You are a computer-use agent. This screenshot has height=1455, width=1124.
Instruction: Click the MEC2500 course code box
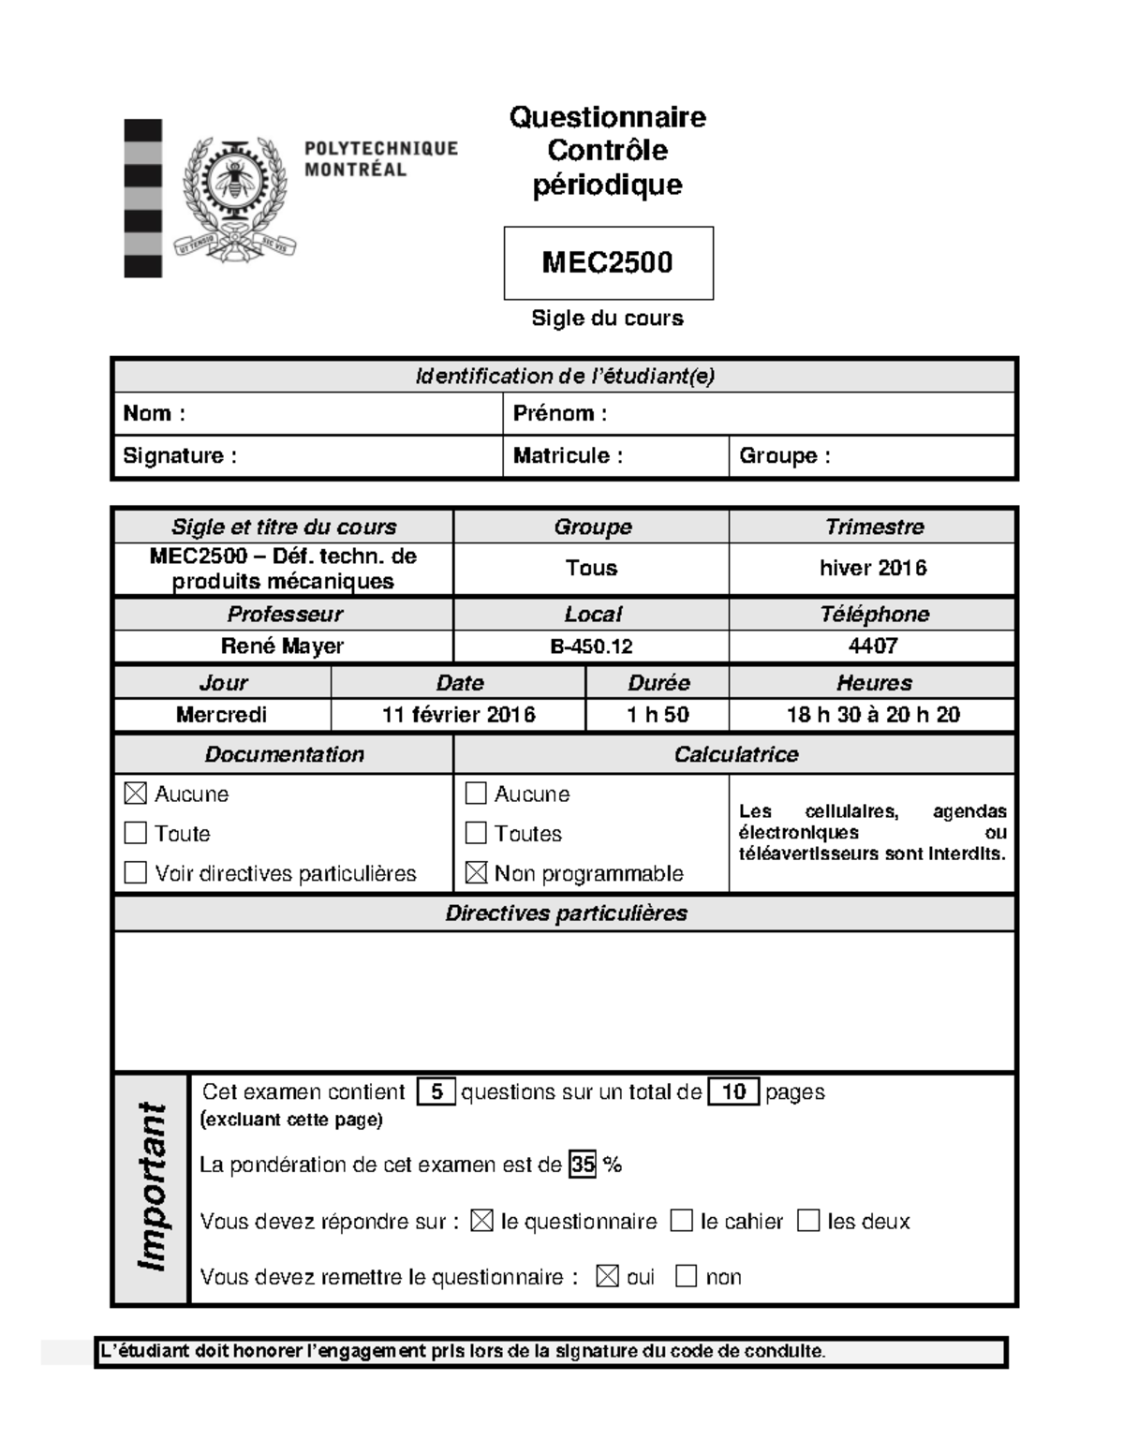[x=608, y=262]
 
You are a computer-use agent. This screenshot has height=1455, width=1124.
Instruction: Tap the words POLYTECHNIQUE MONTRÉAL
[x=380, y=159]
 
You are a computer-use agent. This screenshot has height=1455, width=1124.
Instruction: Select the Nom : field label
[x=154, y=413]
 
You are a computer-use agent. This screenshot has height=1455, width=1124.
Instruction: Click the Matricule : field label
[x=568, y=456]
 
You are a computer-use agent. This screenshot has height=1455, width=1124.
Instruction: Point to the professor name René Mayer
[x=282, y=646]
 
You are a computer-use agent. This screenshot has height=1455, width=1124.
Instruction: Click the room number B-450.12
[x=591, y=646]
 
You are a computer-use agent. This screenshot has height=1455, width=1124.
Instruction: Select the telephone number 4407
[x=872, y=646]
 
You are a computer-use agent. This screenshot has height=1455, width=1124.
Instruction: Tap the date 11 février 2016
[x=458, y=715]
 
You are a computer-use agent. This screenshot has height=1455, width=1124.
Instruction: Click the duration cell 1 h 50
[x=658, y=715]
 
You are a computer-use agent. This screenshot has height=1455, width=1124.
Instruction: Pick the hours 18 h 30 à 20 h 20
[x=872, y=715]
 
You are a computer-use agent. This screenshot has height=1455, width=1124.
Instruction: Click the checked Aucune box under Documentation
[x=136, y=794]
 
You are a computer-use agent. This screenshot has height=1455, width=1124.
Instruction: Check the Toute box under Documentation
[x=136, y=833]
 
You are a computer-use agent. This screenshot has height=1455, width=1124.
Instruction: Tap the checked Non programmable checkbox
[x=476, y=873]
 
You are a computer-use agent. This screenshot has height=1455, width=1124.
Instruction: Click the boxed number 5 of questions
[x=436, y=1092]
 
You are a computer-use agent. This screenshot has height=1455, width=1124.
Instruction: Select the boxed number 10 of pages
[x=733, y=1092]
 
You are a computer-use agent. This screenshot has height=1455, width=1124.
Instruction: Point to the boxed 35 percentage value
[x=583, y=1165]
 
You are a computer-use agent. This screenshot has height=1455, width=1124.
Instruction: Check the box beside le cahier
[x=682, y=1221]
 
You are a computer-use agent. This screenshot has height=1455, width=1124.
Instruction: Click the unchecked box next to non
[x=686, y=1276]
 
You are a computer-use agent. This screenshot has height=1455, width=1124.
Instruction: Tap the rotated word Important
[x=152, y=1188]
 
